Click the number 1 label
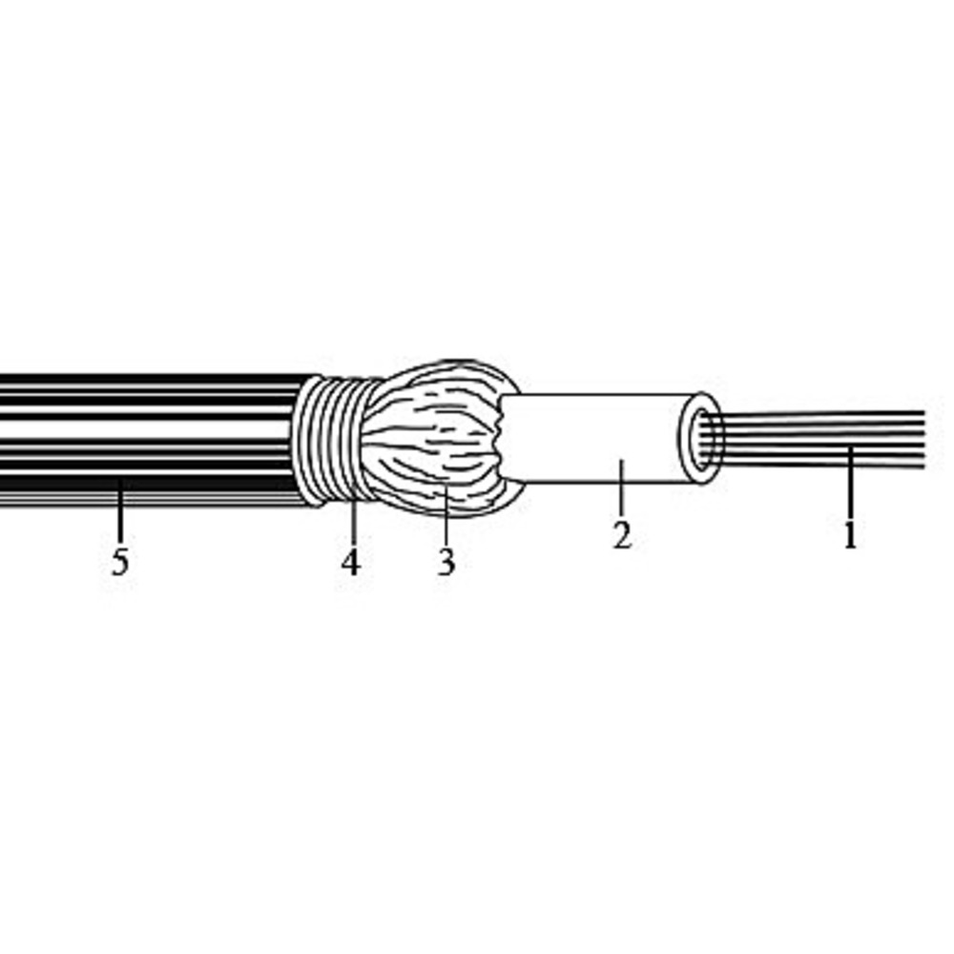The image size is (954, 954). (x=851, y=535)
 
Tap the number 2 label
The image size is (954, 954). (x=622, y=535)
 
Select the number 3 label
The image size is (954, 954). (x=446, y=562)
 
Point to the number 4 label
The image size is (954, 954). (x=350, y=562)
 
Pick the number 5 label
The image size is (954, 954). (x=120, y=562)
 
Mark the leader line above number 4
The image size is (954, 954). (x=352, y=522)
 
